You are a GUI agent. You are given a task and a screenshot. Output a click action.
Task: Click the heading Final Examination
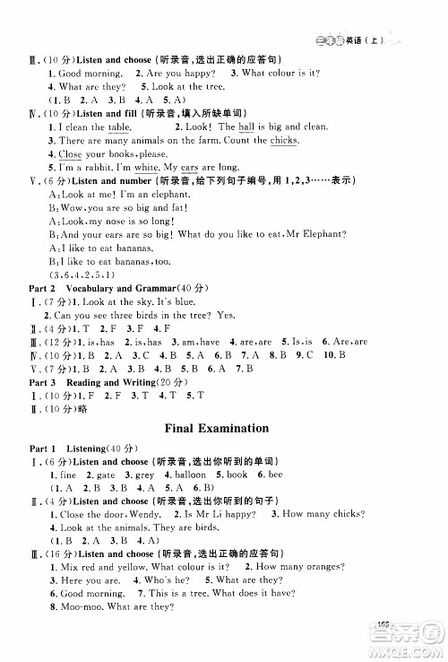224,427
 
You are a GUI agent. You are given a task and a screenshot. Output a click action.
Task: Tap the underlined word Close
57,154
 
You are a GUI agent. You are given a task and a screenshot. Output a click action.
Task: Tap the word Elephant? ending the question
320,233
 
